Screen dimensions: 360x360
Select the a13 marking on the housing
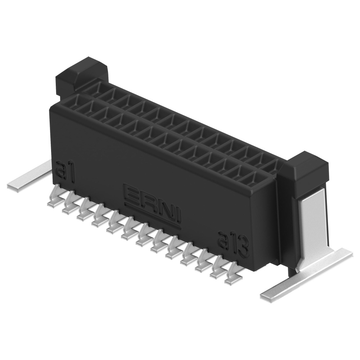coord(234,244)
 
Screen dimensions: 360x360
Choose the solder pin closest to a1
coord(54,198)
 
